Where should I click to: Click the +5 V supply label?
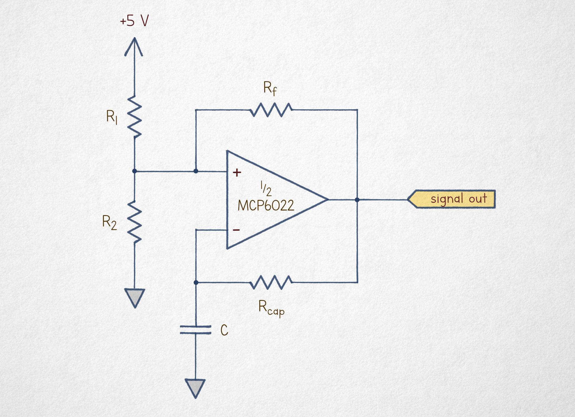[x=134, y=21]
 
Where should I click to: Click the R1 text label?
[x=112, y=117]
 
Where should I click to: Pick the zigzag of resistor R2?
[x=134, y=222]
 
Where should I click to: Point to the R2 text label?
[x=109, y=223]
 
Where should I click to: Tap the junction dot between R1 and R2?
[x=134, y=171]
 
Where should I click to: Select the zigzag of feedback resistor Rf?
[x=271, y=110]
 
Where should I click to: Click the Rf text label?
[x=270, y=88]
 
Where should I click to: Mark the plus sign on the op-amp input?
[x=237, y=173]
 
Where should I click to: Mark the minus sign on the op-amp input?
[x=236, y=230]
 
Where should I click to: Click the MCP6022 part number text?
[x=266, y=206]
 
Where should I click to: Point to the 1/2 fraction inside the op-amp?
[x=266, y=188]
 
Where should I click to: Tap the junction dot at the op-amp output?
[x=357, y=200]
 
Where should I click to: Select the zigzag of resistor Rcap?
[x=271, y=282]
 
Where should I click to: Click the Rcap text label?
[x=271, y=308]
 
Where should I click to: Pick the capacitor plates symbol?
[x=195, y=330]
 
